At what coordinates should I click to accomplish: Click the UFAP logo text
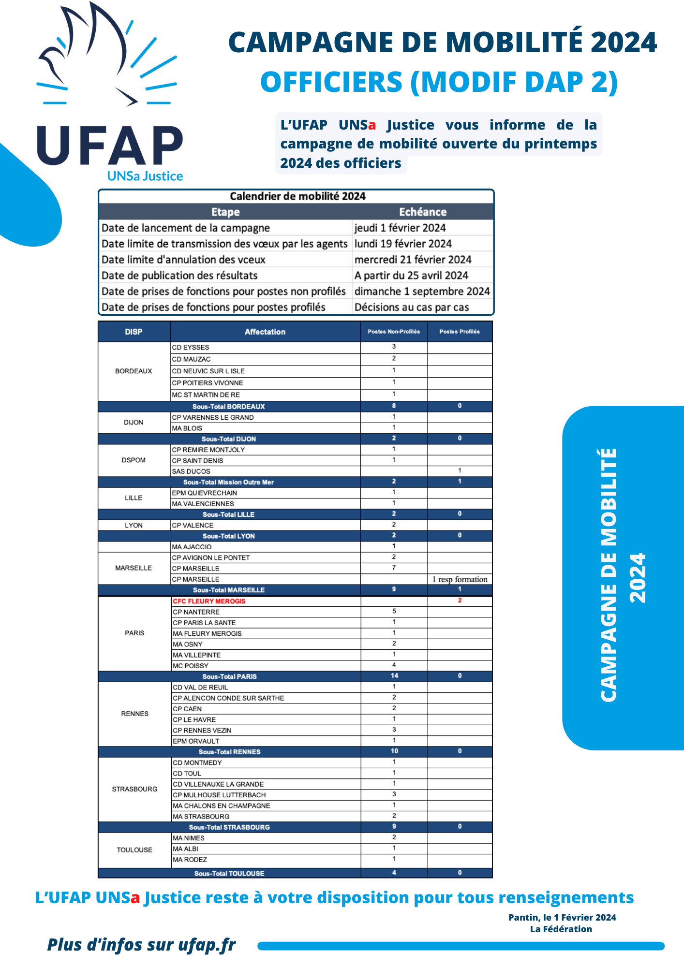(110, 146)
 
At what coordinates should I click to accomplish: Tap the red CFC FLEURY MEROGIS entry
(209, 601)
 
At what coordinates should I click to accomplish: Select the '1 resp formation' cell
(460, 579)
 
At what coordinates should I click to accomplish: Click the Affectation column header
(265, 332)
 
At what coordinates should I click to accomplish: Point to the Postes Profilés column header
(460, 332)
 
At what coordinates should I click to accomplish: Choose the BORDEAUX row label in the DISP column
(134, 371)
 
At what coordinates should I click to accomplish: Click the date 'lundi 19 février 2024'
(403, 244)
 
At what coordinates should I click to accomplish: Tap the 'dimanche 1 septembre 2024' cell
(422, 291)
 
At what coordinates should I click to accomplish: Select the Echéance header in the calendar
(422, 212)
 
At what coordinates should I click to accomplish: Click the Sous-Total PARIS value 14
(394, 676)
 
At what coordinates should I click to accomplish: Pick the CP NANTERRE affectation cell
(196, 612)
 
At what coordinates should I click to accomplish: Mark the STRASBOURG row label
(134, 789)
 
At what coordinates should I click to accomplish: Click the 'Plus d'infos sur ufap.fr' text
(141, 944)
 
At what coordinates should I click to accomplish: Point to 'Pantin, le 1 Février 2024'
(562, 917)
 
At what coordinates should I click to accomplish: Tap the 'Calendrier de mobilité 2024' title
(297, 196)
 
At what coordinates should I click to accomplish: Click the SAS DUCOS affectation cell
(191, 471)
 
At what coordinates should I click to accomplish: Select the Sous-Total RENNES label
(229, 752)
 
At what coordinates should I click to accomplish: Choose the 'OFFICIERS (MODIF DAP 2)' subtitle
(439, 82)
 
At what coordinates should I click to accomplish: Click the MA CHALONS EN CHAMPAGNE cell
(221, 806)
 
